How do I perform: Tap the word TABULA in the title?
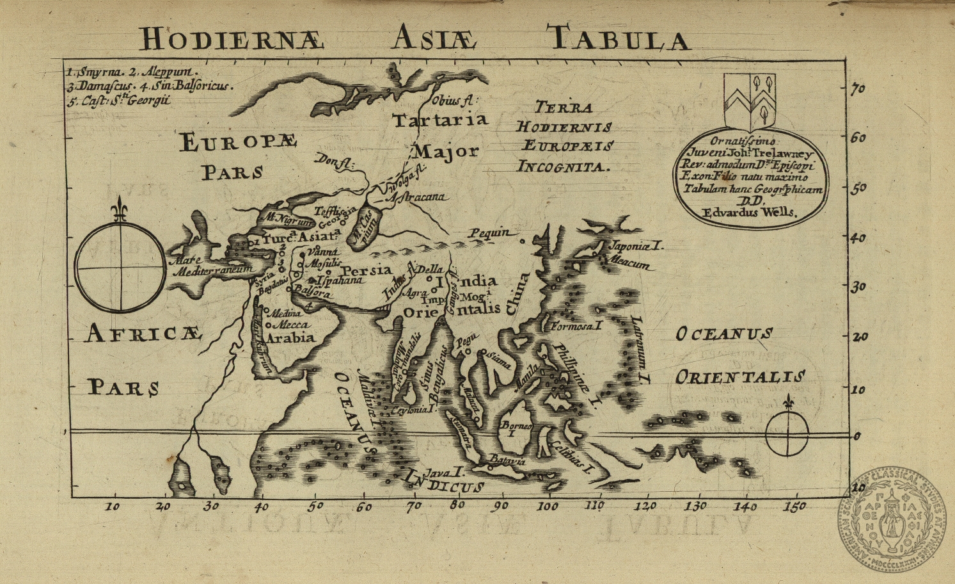[618, 38]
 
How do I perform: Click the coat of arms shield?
[750, 101]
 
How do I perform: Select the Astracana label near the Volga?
[417, 197]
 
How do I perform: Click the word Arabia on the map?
[291, 337]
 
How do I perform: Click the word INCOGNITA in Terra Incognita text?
[563, 167]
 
